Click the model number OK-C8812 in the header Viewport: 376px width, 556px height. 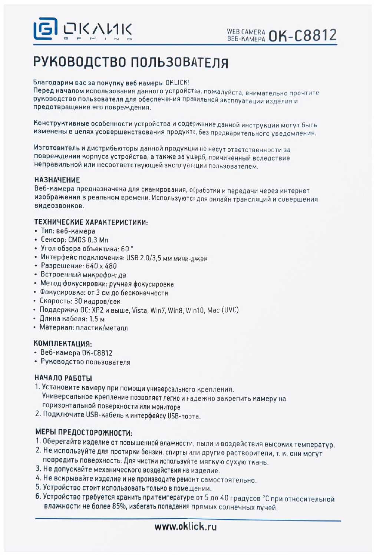(303, 36)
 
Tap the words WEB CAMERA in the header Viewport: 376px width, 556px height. (246, 32)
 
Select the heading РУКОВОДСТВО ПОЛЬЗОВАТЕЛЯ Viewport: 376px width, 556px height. (131, 62)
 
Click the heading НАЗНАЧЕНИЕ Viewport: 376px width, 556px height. (57, 180)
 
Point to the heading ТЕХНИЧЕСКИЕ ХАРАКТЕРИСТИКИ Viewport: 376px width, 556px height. (91, 222)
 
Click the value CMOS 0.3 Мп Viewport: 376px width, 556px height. (88, 240)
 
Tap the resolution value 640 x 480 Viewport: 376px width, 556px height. (101, 266)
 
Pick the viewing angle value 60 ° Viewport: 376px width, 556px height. (127, 249)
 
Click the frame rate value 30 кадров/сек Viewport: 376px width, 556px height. (97, 301)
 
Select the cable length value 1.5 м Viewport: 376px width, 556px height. (97, 319)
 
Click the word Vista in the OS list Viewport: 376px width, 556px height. (139, 310)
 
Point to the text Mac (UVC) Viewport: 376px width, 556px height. (223, 310)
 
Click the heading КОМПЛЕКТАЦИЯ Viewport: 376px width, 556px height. (62, 344)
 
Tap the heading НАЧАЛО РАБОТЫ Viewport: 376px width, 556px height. (63, 378)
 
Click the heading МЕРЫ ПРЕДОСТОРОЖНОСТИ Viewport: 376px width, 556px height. (83, 433)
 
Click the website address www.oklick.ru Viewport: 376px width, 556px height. (185, 527)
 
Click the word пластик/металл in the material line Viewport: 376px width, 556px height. (102, 328)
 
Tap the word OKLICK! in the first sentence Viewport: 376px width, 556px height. (177, 83)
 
